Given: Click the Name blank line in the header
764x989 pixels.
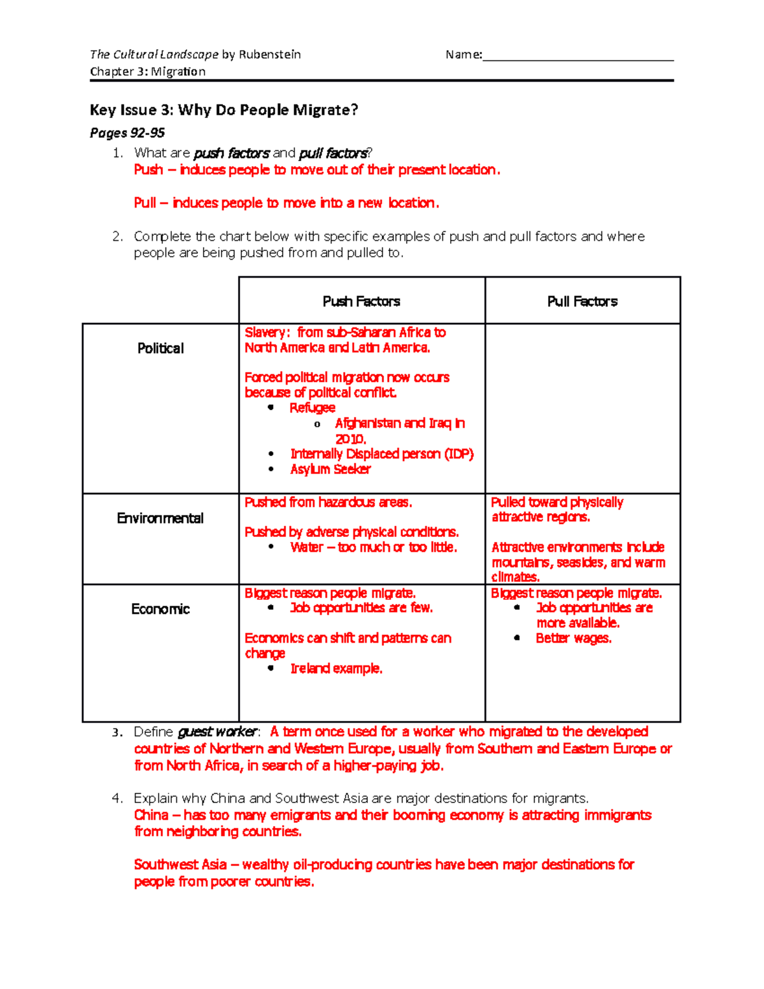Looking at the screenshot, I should (577, 56).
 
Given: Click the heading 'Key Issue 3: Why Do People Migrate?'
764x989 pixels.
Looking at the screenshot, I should (224, 110).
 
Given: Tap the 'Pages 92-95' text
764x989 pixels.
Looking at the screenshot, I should (127, 133).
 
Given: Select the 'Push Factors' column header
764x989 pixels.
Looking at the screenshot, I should (361, 301).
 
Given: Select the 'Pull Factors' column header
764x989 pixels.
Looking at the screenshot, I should (582, 301).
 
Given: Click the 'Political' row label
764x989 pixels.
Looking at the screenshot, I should (160, 348).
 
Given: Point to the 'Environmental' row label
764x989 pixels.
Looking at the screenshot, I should (160, 518).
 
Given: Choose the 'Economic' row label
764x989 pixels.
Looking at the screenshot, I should (160, 609).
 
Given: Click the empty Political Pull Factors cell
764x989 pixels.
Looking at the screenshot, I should (582, 408).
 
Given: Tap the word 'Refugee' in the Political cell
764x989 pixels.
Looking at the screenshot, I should (312, 408).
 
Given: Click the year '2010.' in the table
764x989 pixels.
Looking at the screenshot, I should (350, 439).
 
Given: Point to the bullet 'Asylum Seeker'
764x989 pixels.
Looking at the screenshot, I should (330, 469).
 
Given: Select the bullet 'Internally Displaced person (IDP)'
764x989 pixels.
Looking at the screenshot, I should (382, 454).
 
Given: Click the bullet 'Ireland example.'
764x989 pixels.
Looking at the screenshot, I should (336, 669).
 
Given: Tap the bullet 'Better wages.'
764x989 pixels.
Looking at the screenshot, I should (573, 639).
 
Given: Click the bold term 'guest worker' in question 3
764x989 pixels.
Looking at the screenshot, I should (218, 732).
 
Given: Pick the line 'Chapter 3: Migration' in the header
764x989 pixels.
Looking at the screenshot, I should (148, 71).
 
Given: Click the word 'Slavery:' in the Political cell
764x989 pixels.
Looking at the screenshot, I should (267, 332).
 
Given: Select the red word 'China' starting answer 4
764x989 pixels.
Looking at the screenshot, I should (151, 815).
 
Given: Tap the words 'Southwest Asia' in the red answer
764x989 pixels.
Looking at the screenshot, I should (180, 865).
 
